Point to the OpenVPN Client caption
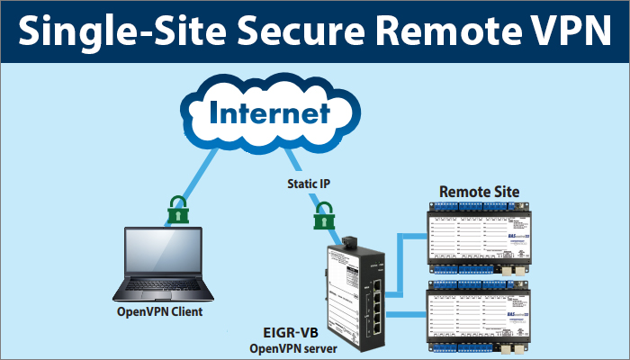[159, 312]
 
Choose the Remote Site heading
[479, 192]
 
